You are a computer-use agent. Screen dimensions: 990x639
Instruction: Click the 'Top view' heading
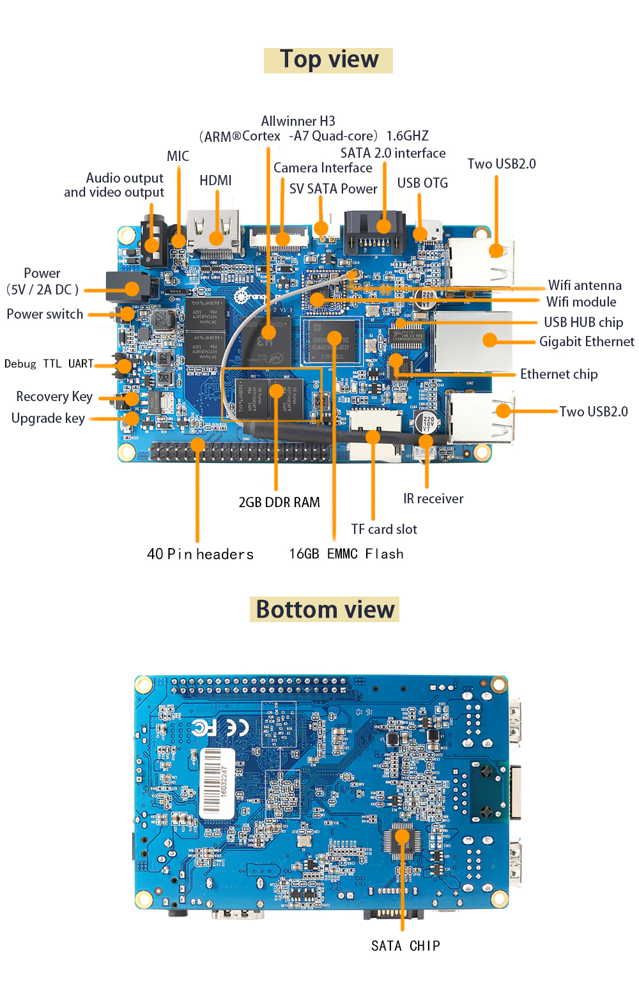click(328, 60)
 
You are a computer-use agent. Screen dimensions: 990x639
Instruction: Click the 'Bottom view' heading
click(325, 609)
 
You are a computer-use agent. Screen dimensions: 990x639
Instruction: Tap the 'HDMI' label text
click(215, 181)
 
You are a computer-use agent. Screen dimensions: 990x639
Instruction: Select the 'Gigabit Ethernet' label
click(586, 342)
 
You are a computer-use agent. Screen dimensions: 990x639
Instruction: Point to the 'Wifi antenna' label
click(584, 286)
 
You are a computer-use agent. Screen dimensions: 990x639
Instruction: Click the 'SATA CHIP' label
click(405, 946)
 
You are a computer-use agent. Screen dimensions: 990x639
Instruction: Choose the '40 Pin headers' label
click(200, 554)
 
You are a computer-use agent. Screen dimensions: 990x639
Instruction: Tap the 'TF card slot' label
click(383, 529)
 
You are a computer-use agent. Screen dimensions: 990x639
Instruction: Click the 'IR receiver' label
click(433, 499)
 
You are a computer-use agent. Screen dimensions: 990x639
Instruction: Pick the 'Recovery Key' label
click(54, 397)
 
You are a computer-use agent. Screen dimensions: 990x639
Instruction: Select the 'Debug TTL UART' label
click(49, 364)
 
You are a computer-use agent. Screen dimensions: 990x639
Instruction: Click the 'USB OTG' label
click(422, 183)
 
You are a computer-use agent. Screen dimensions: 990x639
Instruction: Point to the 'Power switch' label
click(45, 314)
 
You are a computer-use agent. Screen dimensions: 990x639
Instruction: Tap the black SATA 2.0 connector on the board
click(374, 231)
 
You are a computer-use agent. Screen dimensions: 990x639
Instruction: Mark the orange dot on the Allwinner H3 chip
click(268, 332)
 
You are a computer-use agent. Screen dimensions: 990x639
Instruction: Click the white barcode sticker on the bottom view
click(217, 782)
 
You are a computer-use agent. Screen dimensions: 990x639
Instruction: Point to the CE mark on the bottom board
click(238, 727)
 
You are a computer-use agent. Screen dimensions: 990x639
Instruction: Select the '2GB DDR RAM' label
click(279, 503)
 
